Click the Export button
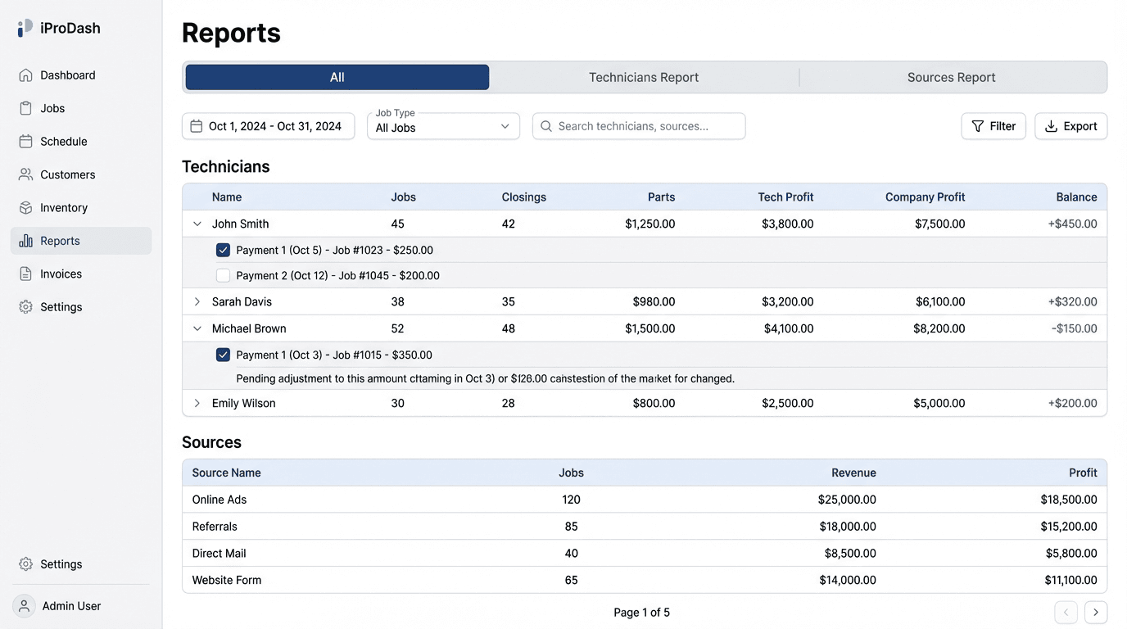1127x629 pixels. (x=1070, y=126)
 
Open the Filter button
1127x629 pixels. (x=993, y=126)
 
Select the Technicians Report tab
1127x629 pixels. (x=644, y=77)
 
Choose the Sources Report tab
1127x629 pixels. (x=951, y=77)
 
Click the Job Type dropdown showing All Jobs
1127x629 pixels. (x=443, y=126)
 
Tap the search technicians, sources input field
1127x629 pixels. (x=639, y=126)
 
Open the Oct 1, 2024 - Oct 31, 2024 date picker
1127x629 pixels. (x=268, y=126)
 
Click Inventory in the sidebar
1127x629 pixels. (x=64, y=208)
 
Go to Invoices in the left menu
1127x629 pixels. (x=62, y=274)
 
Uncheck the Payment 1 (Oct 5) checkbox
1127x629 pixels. (x=223, y=251)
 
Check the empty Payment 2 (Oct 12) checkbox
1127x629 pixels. (x=223, y=276)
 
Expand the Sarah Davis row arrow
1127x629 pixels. (x=197, y=302)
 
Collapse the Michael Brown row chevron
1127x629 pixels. (x=197, y=329)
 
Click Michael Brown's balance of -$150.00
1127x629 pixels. (x=1074, y=329)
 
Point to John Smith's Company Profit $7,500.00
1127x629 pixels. (x=939, y=224)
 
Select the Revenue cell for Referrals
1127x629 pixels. (x=847, y=527)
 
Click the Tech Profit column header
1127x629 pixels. (x=785, y=197)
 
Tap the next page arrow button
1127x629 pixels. (x=1095, y=613)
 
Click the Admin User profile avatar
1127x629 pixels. (x=25, y=606)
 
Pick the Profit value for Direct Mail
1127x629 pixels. (x=1070, y=554)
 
